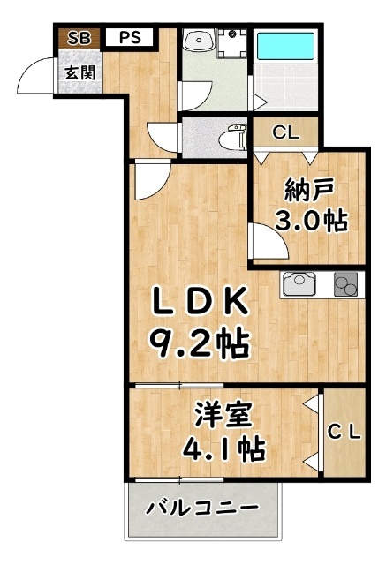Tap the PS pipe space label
(130, 39)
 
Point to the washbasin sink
(198, 41)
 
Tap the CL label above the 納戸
(285, 134)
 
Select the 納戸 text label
(308, 190)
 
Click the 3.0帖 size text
(309, 221)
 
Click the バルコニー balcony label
(203, 508)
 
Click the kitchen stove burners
(344, 285)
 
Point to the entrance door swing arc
(34, 75)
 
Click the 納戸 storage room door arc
(264, 238)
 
